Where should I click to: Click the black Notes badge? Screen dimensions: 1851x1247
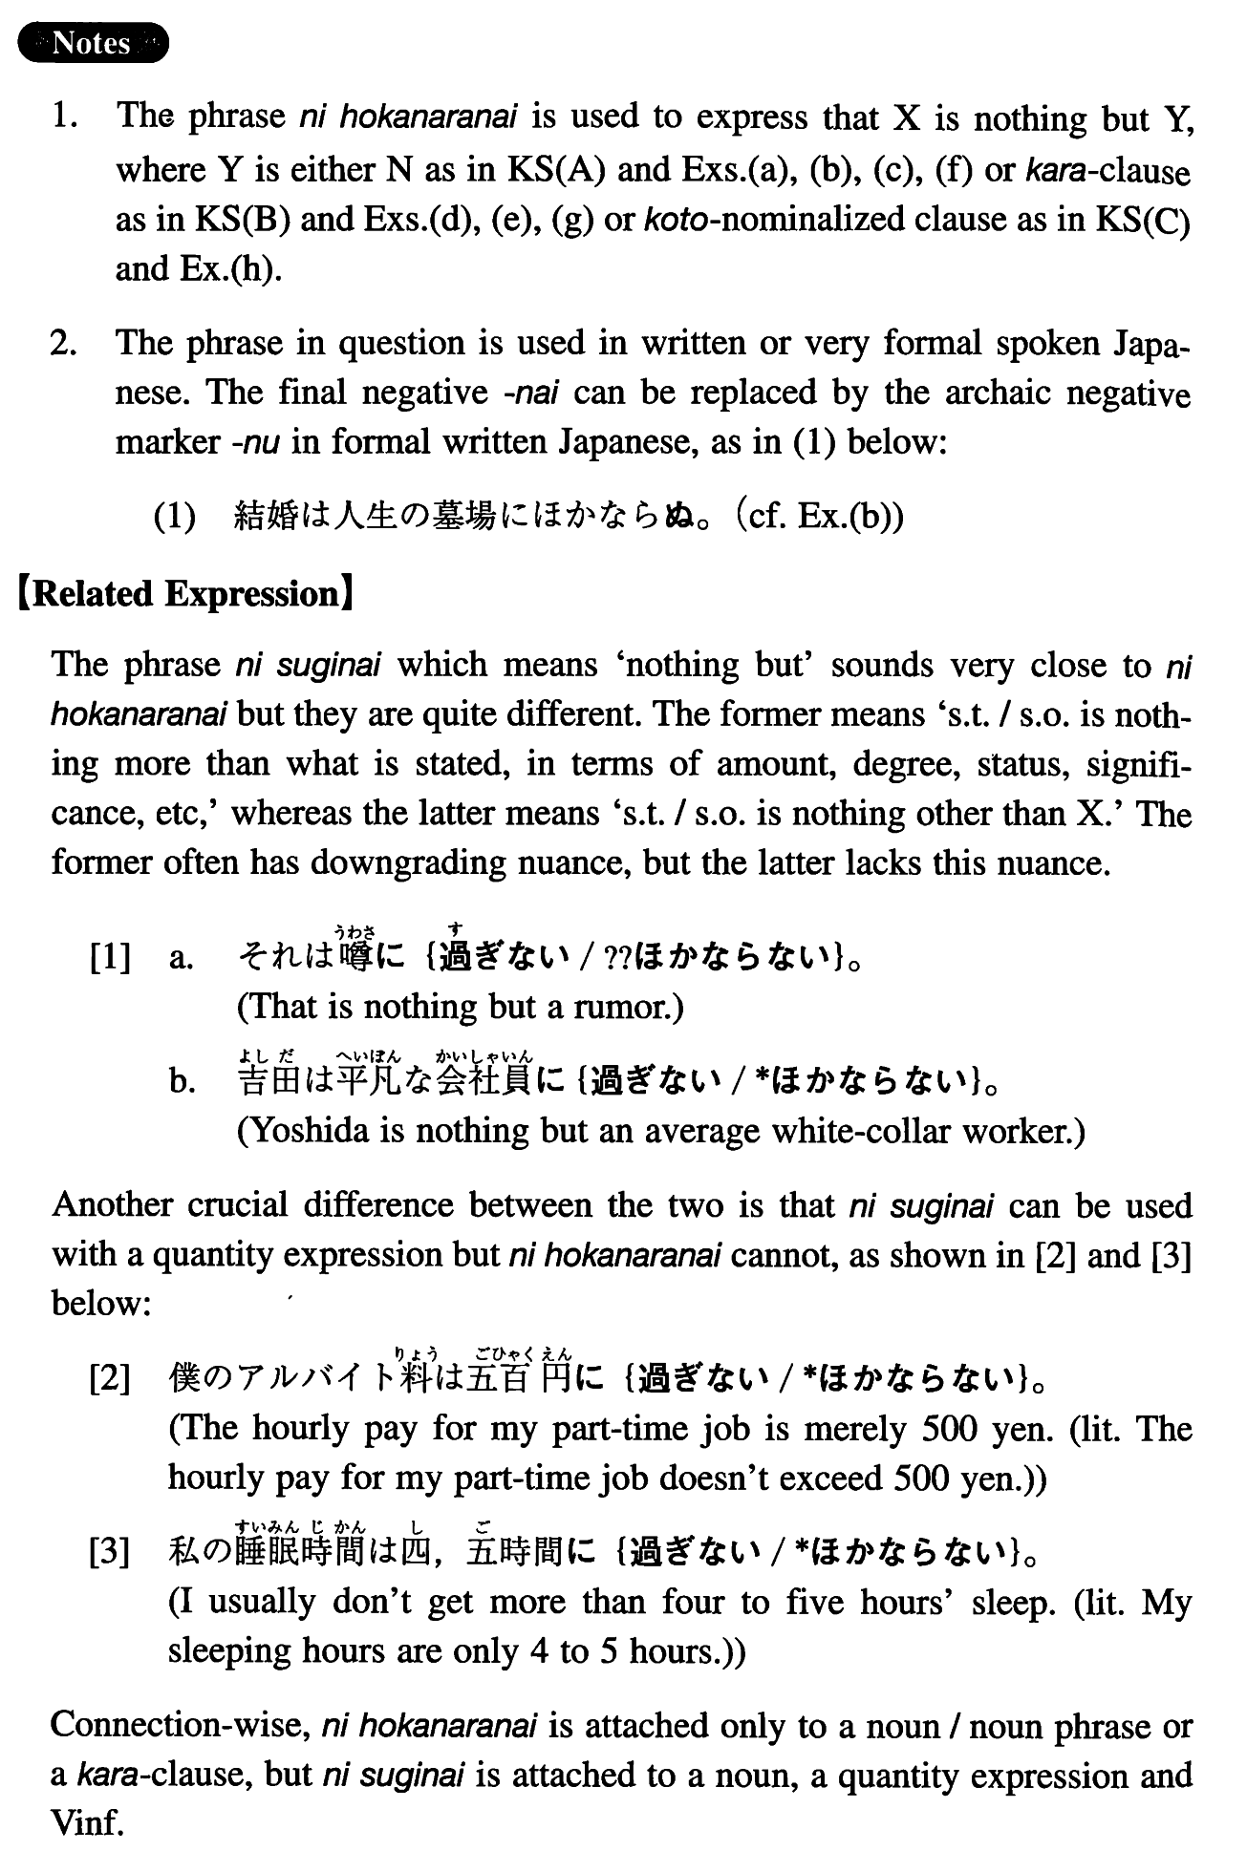click(93, 43)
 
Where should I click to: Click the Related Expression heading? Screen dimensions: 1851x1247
click(186, 594)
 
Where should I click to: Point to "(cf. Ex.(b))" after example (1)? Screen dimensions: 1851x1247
click(819, 517)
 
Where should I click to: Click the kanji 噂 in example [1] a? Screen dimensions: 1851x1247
click(357, 955)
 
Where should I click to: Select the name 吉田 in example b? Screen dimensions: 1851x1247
click(266, 1081)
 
